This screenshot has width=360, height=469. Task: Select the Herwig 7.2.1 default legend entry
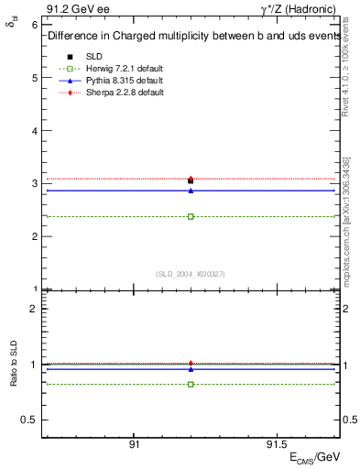pyautogui.click(x=115, y=71)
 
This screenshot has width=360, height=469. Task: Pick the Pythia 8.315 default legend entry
pyautogui.click(x=114, y=82)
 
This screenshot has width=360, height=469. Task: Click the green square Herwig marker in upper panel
pyautogui.click(x=191, y=217)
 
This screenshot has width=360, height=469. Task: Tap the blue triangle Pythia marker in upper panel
pyautogui.click(x=191, y=191)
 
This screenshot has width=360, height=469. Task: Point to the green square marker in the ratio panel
pyautogui.click(x=191, y=384)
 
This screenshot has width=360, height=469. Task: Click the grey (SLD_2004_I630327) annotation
pyautogui.click(x=190, y=273)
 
